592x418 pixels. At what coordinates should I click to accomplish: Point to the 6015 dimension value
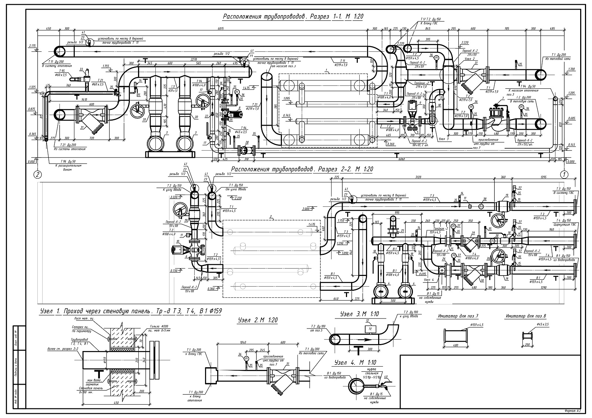pyautogui.click(x=221, y=28)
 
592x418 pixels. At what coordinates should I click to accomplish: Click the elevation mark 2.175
pyautogui.click(x=32, y=46)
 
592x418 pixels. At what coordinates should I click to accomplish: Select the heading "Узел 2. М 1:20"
pyautogui.click(x=258, y=320)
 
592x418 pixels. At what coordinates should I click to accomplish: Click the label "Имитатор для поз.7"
pyautogui.click(x=458, y=316)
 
